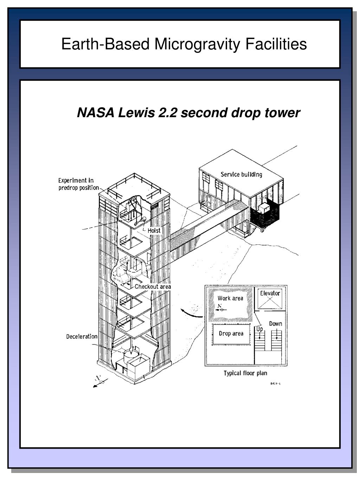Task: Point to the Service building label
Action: (241, 174)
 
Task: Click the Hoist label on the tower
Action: (154, 231)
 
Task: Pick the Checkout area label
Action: (153, 287)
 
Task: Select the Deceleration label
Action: (82, 337)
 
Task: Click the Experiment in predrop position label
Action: (78, 184)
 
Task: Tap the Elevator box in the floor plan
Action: (270, 300)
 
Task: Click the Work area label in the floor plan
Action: (230, 298)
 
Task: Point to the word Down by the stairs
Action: (276, 324)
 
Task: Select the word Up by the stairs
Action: (259, 329)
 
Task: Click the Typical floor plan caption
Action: (245, 373)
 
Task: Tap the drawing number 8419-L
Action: (275, 384)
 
